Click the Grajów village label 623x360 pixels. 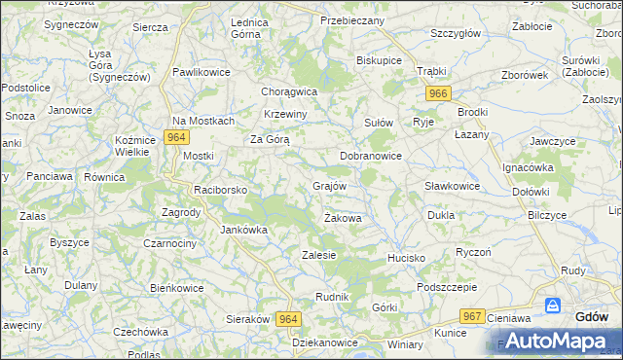pyautogui.click(x=331, y=185)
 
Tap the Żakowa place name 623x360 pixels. pyautogui.click(x=343, y=219)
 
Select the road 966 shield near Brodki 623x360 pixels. pyautogui.click(x=437, y=93)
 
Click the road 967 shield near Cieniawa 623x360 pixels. pyautogui.click(x=473, y=316)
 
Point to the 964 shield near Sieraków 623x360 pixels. pyautogui.click(x=288, y=319)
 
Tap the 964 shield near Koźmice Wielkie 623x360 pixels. pyautogui.click(x=175, y=137)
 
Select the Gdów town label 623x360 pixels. pyautogui.click(x=592, y=317)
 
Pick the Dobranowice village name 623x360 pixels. pyautogui.click(x=371, y=156)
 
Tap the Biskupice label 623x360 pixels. pyautogui.click(x=380, y=60)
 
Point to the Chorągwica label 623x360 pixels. pyautogui.click(x=290, y=91)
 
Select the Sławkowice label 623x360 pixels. pyautogui.click(x=452, y=186)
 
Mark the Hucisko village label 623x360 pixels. pyautogui.click(x=406, y=258)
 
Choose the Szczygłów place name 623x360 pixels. pyautogui.click(x=456, y=33)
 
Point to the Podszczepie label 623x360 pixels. pyautogui.click(x=446, y=287)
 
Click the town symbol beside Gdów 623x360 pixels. pyautogui.click(x=553, y=306)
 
